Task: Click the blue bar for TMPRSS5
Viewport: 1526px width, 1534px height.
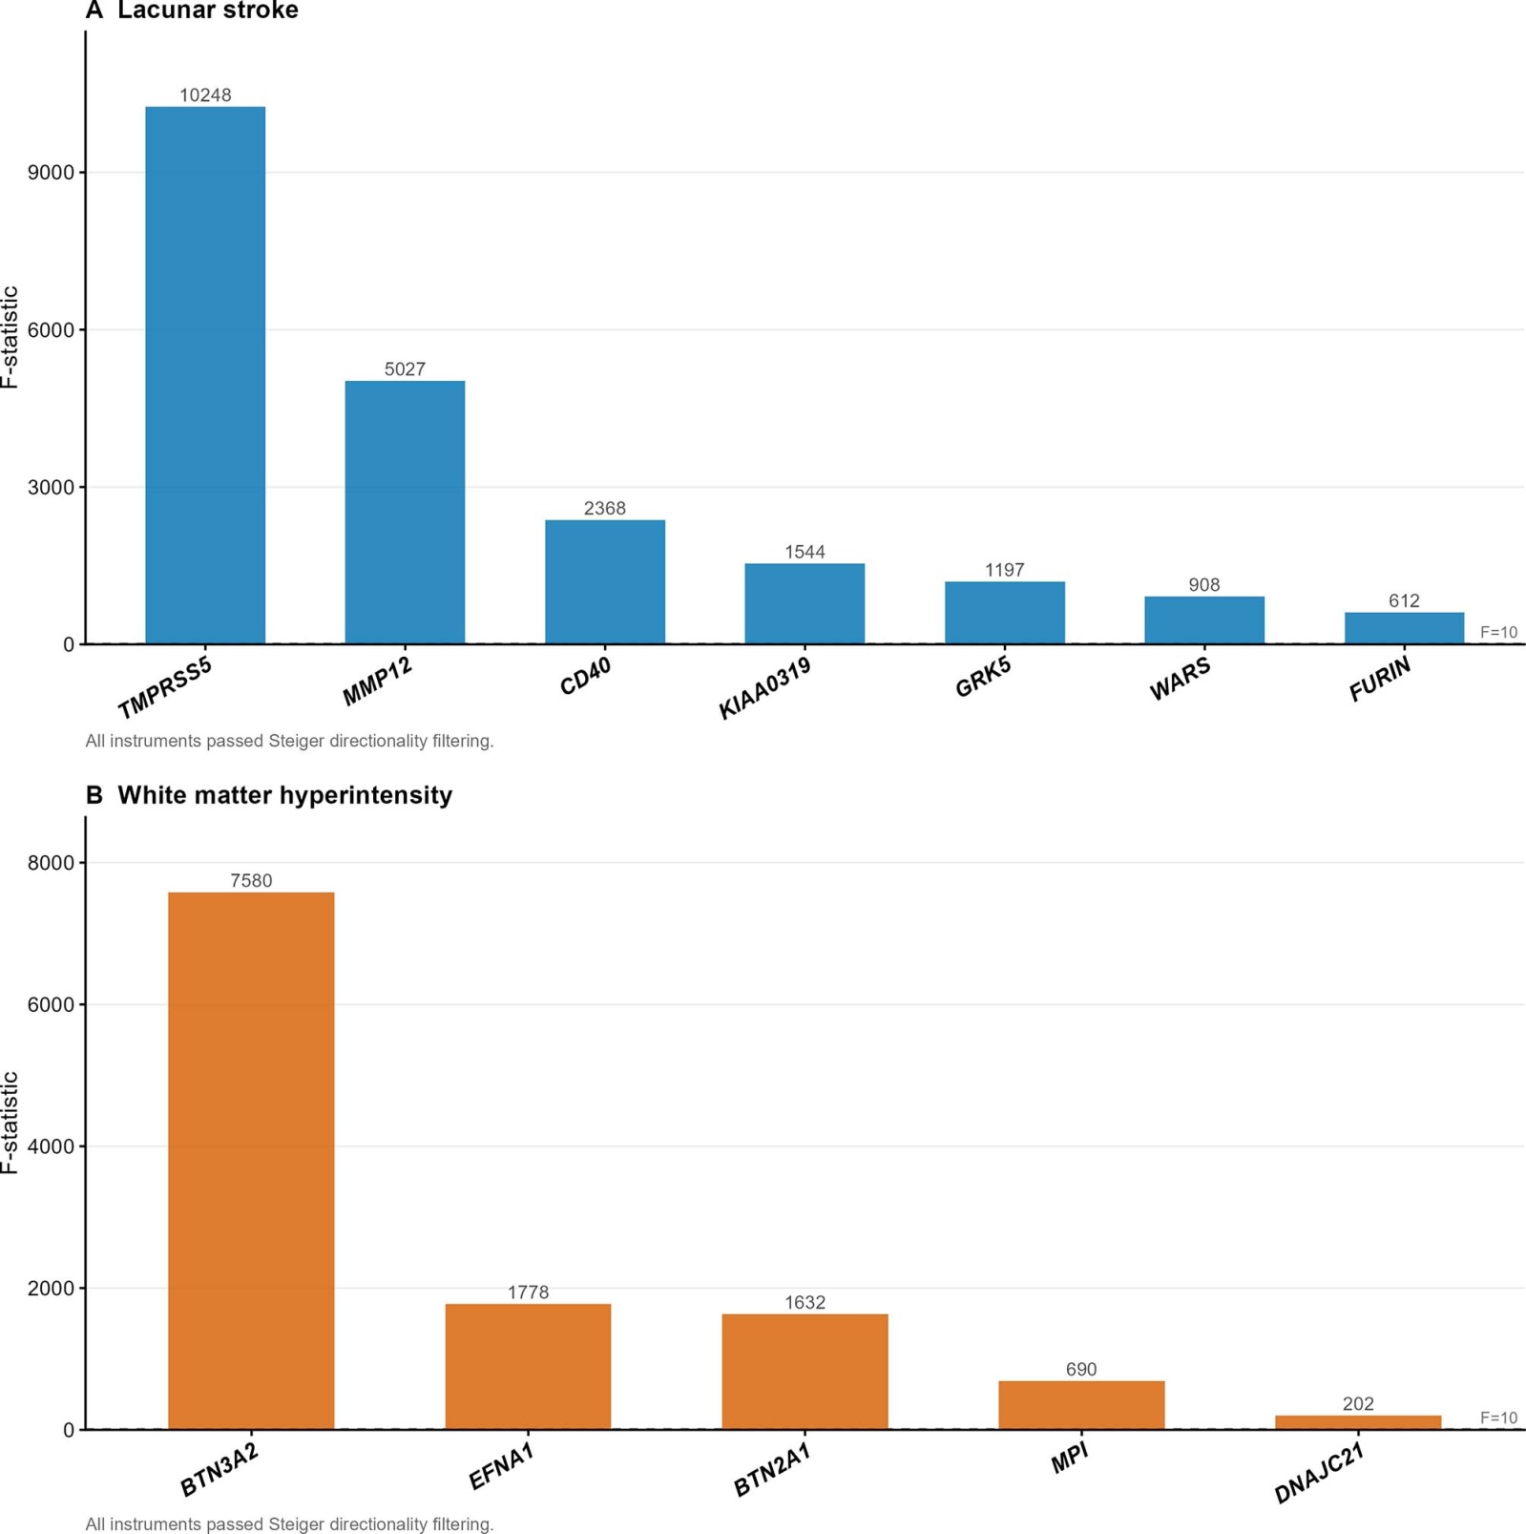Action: pos(205,375)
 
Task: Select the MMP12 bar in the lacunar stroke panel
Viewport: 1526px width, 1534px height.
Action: pos(405,513)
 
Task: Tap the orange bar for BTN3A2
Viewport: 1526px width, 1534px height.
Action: pos(251,1161)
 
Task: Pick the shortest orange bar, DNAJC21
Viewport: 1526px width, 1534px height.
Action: pos(1358,1422)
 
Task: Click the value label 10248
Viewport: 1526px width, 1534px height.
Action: pos(205,95)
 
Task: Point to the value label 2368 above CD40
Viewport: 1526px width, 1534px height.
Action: pos(605,508)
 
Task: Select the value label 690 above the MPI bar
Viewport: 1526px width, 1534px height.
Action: pos(1081,1369)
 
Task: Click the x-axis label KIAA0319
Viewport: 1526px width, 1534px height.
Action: pos(764,687)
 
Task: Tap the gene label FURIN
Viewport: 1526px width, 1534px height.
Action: pos(1379,680)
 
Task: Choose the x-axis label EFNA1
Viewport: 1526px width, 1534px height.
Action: pos(501,1466)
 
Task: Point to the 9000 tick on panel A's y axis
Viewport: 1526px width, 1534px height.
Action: pos(52,173)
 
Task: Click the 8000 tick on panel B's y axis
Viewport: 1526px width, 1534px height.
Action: pos(52,863)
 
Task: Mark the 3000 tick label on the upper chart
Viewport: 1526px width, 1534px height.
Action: pos(52,487)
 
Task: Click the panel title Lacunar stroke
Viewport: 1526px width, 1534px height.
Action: pos(208,11)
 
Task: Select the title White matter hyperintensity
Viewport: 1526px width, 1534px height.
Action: pos(284,795)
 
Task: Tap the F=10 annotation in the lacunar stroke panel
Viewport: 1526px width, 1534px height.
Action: pos(1498,632)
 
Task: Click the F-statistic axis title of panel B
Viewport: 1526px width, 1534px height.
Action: pos(10,1123)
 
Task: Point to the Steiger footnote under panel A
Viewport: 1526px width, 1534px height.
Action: pos(289,741)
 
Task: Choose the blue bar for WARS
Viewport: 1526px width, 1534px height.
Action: pos(1204,620)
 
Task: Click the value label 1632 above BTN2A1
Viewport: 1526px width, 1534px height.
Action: pos(805,1302)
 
